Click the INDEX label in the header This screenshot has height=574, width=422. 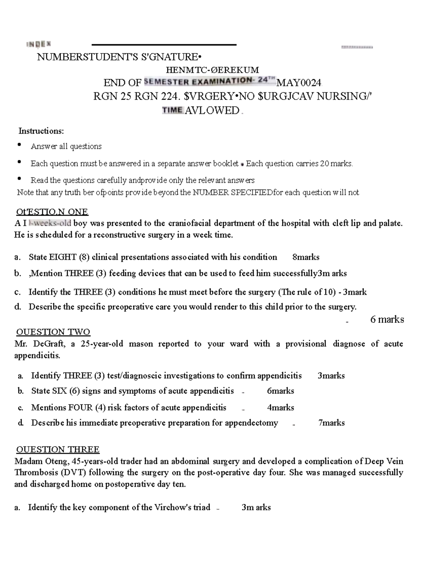click(x=39, y=44)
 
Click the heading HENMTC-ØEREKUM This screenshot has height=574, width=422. click(x=212, y=70)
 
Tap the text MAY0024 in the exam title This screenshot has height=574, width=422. click(x=299, y=83)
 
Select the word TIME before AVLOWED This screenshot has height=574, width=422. click(x=172, y=110)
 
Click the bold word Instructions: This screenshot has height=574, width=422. click(x=41, y=131)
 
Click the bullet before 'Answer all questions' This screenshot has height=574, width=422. click(x=20, y=145)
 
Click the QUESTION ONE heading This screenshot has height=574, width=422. click(x=52, y=212)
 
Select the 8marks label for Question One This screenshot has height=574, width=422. click(x=306, y=257)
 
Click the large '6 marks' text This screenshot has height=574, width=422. click(x=387, y=319)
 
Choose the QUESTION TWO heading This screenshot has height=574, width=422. click(x=53, y=332)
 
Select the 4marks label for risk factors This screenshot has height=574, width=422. click(x=280, y=408)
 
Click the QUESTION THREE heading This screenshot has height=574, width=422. click(x=58, y=449)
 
